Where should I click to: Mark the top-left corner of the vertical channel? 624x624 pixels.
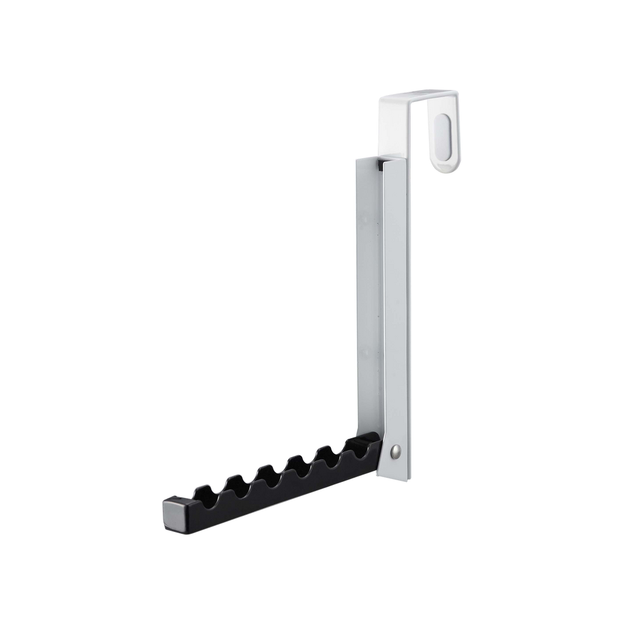[355, 159]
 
